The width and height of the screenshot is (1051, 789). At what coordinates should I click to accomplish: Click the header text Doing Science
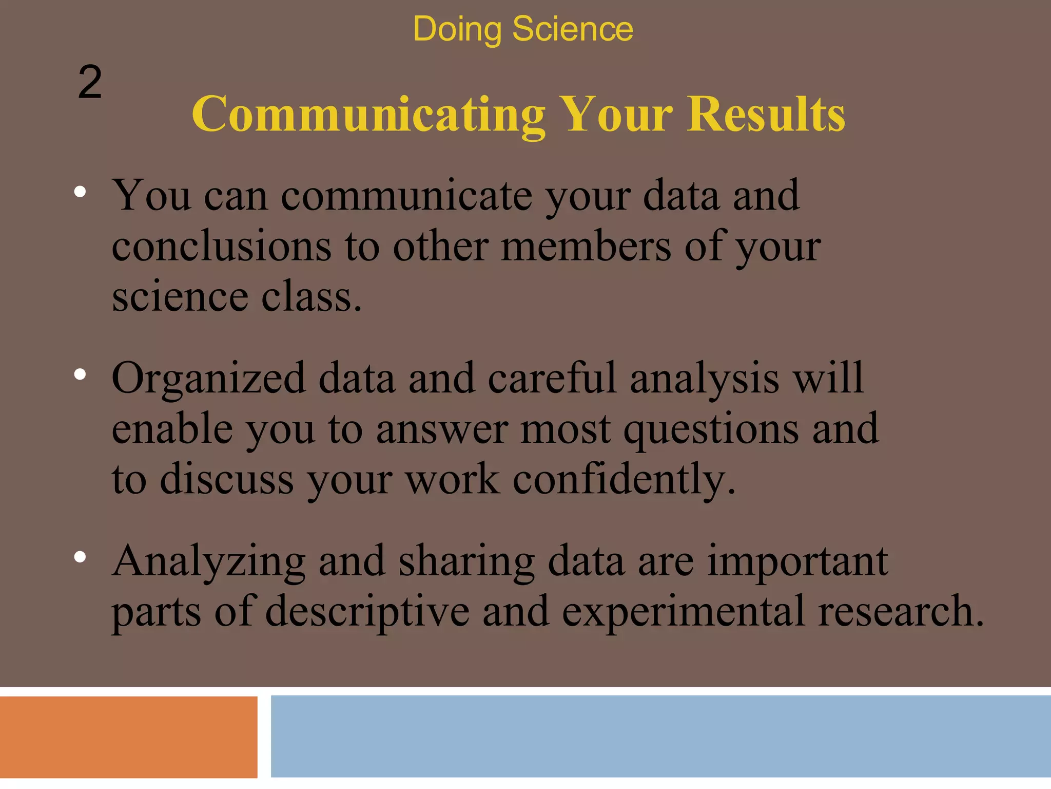click(x=522, y=29)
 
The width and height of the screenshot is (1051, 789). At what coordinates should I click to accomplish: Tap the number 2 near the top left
click(x=90, y=83)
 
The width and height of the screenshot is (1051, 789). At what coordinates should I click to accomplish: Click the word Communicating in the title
click(x=367, y=115)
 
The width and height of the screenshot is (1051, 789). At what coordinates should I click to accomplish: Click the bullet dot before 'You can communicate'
click(x=80, y=192)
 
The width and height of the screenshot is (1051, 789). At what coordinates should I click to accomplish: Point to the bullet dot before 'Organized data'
click(x=80, y=375)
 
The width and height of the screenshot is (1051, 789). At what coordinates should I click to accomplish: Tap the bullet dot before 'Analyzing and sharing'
click(x=80, y=557)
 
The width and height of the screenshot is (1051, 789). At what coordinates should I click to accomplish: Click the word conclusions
click(x=221, y=247)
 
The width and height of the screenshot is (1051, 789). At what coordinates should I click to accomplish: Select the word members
click(x=586, y=247)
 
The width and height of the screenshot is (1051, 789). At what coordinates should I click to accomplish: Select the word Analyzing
click(x=208, y=562)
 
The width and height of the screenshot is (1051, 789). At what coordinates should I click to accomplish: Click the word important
click(x=797, y=561)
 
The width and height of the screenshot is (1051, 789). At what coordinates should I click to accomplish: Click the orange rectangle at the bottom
click(x=128, y=737)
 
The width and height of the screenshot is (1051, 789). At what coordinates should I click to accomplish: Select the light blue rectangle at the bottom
click(x=660, y=736)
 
